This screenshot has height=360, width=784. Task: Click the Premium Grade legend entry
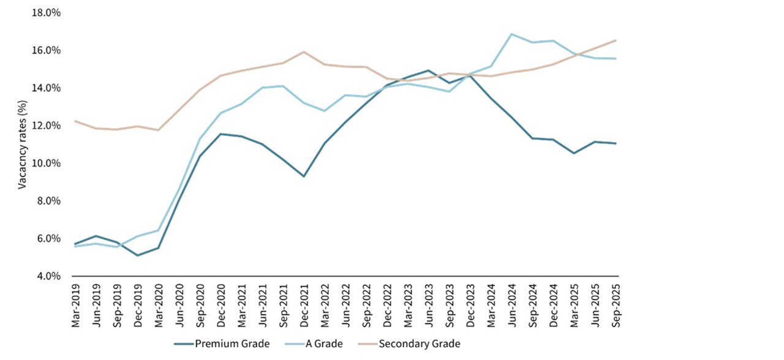pyautogui.click(x=232, y=343)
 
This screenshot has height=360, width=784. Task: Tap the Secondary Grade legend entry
pyautogui.click(x=419, y=343)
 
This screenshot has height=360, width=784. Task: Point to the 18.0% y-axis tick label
pyautogui.click(x=47, y=12)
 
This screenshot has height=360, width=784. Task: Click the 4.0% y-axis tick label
pyautogui.click(x=48, y=276)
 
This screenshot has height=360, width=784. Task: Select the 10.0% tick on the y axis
pyautogui.click(x=47, y=163)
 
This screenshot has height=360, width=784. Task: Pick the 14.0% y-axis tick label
pyautogui.click(x=47, y=88)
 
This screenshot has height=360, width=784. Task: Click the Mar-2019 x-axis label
pyautogui.click(x=76, y=304)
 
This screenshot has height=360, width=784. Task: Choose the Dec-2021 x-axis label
pyautogui.click(x=304, y=304)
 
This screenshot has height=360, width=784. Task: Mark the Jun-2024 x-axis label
pyautogui.click(x=511, y=304)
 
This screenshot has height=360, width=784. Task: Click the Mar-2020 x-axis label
pyautogui.click(x=159, y=304)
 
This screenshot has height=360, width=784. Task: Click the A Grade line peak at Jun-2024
pyautogui.click(x=511, y=34)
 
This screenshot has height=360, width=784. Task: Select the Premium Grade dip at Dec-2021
pyautogui.click(x=304, y=176)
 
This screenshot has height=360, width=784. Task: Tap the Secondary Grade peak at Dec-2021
pyautogui.click(x=304, y=52)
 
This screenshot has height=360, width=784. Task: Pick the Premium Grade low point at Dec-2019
pyautogui.click(x=138, y=255)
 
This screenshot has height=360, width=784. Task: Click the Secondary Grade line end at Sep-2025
pyautogui.click(x=615, y=40)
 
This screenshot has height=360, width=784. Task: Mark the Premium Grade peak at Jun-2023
pyautogui.click(x=428, y=70)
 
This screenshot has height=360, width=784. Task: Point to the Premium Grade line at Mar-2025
pyautogui.click(x=573, y=153)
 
